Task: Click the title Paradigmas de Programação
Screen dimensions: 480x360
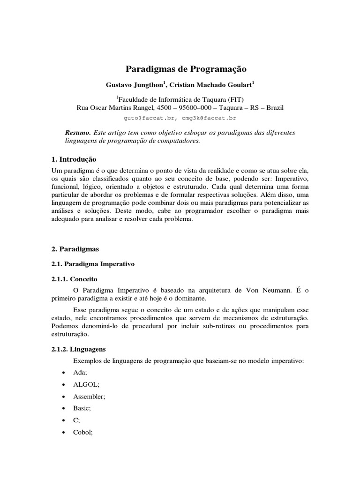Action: coord(186,69)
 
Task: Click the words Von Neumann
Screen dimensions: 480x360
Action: coord(267,290)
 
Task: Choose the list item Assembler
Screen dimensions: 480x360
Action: coord(89,396)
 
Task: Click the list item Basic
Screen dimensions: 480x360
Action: coord(82,408)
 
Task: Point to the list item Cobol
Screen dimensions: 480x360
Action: coord(83,433)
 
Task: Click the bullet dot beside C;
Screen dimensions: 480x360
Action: coord(63,421)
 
